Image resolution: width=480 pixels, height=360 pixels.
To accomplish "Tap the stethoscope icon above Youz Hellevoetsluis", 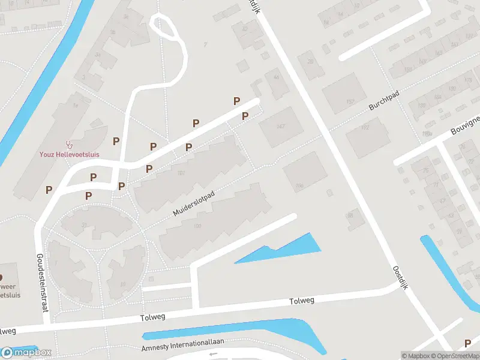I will pos(70,145).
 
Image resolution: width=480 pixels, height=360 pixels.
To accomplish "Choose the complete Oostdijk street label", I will pos(401,278).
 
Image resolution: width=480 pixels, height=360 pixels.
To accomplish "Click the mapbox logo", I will pos(26,353).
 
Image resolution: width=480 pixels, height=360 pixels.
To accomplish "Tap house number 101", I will pos(181,174).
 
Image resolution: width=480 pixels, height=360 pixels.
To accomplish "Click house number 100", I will pos(197,226).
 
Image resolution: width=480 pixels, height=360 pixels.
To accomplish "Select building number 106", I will pos(299,185).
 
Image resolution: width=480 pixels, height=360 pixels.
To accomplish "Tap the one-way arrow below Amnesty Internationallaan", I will pos(211,355).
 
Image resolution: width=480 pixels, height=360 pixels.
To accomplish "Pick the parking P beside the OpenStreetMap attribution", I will pos(467,343).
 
